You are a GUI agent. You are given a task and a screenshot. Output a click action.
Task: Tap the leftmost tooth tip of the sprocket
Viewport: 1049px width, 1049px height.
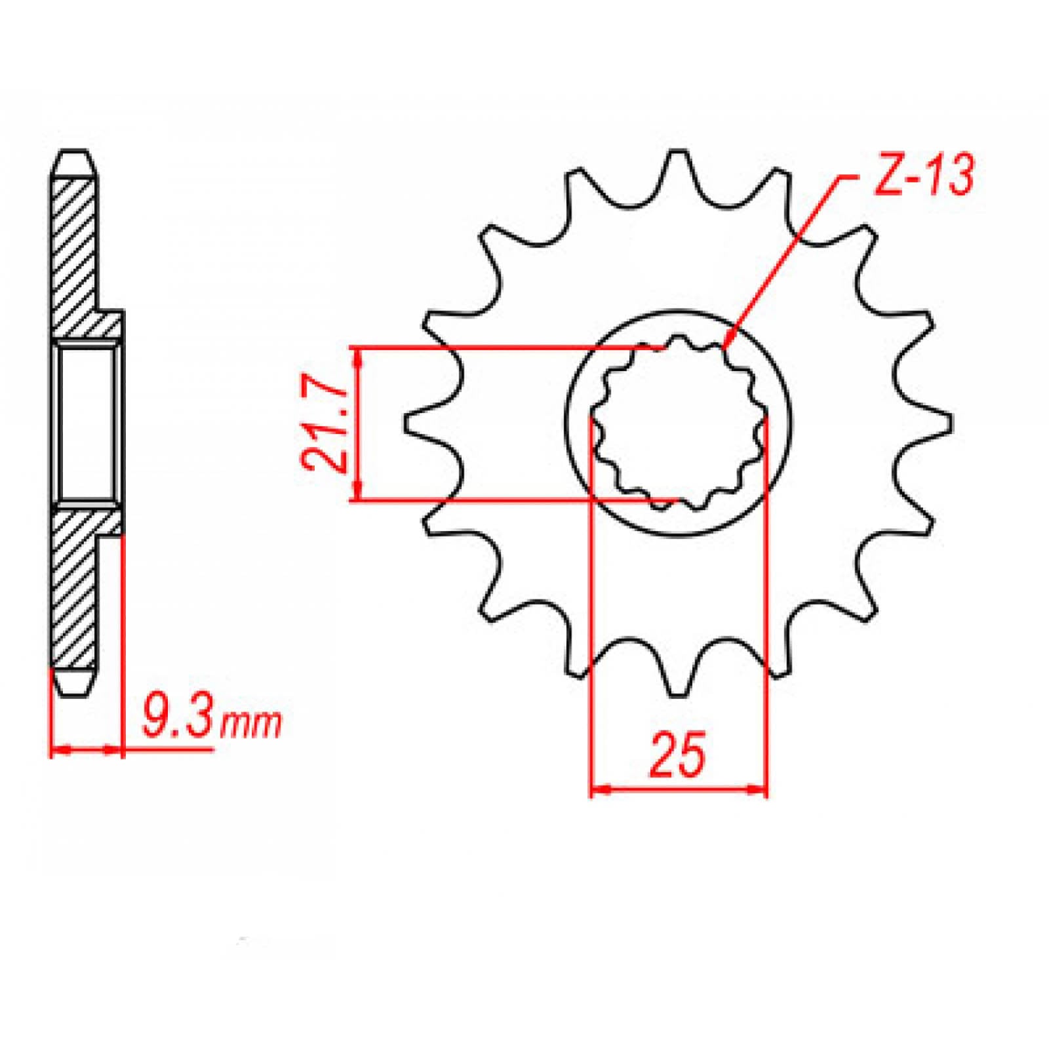pyautogui.click(x=408, y=423)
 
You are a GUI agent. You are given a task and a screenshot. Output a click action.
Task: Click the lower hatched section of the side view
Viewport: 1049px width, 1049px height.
pyautogui.click(x=75, y=590)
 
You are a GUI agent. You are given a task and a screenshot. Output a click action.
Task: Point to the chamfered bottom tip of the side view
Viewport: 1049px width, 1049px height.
pyautogui.click(x=73, y=685)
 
